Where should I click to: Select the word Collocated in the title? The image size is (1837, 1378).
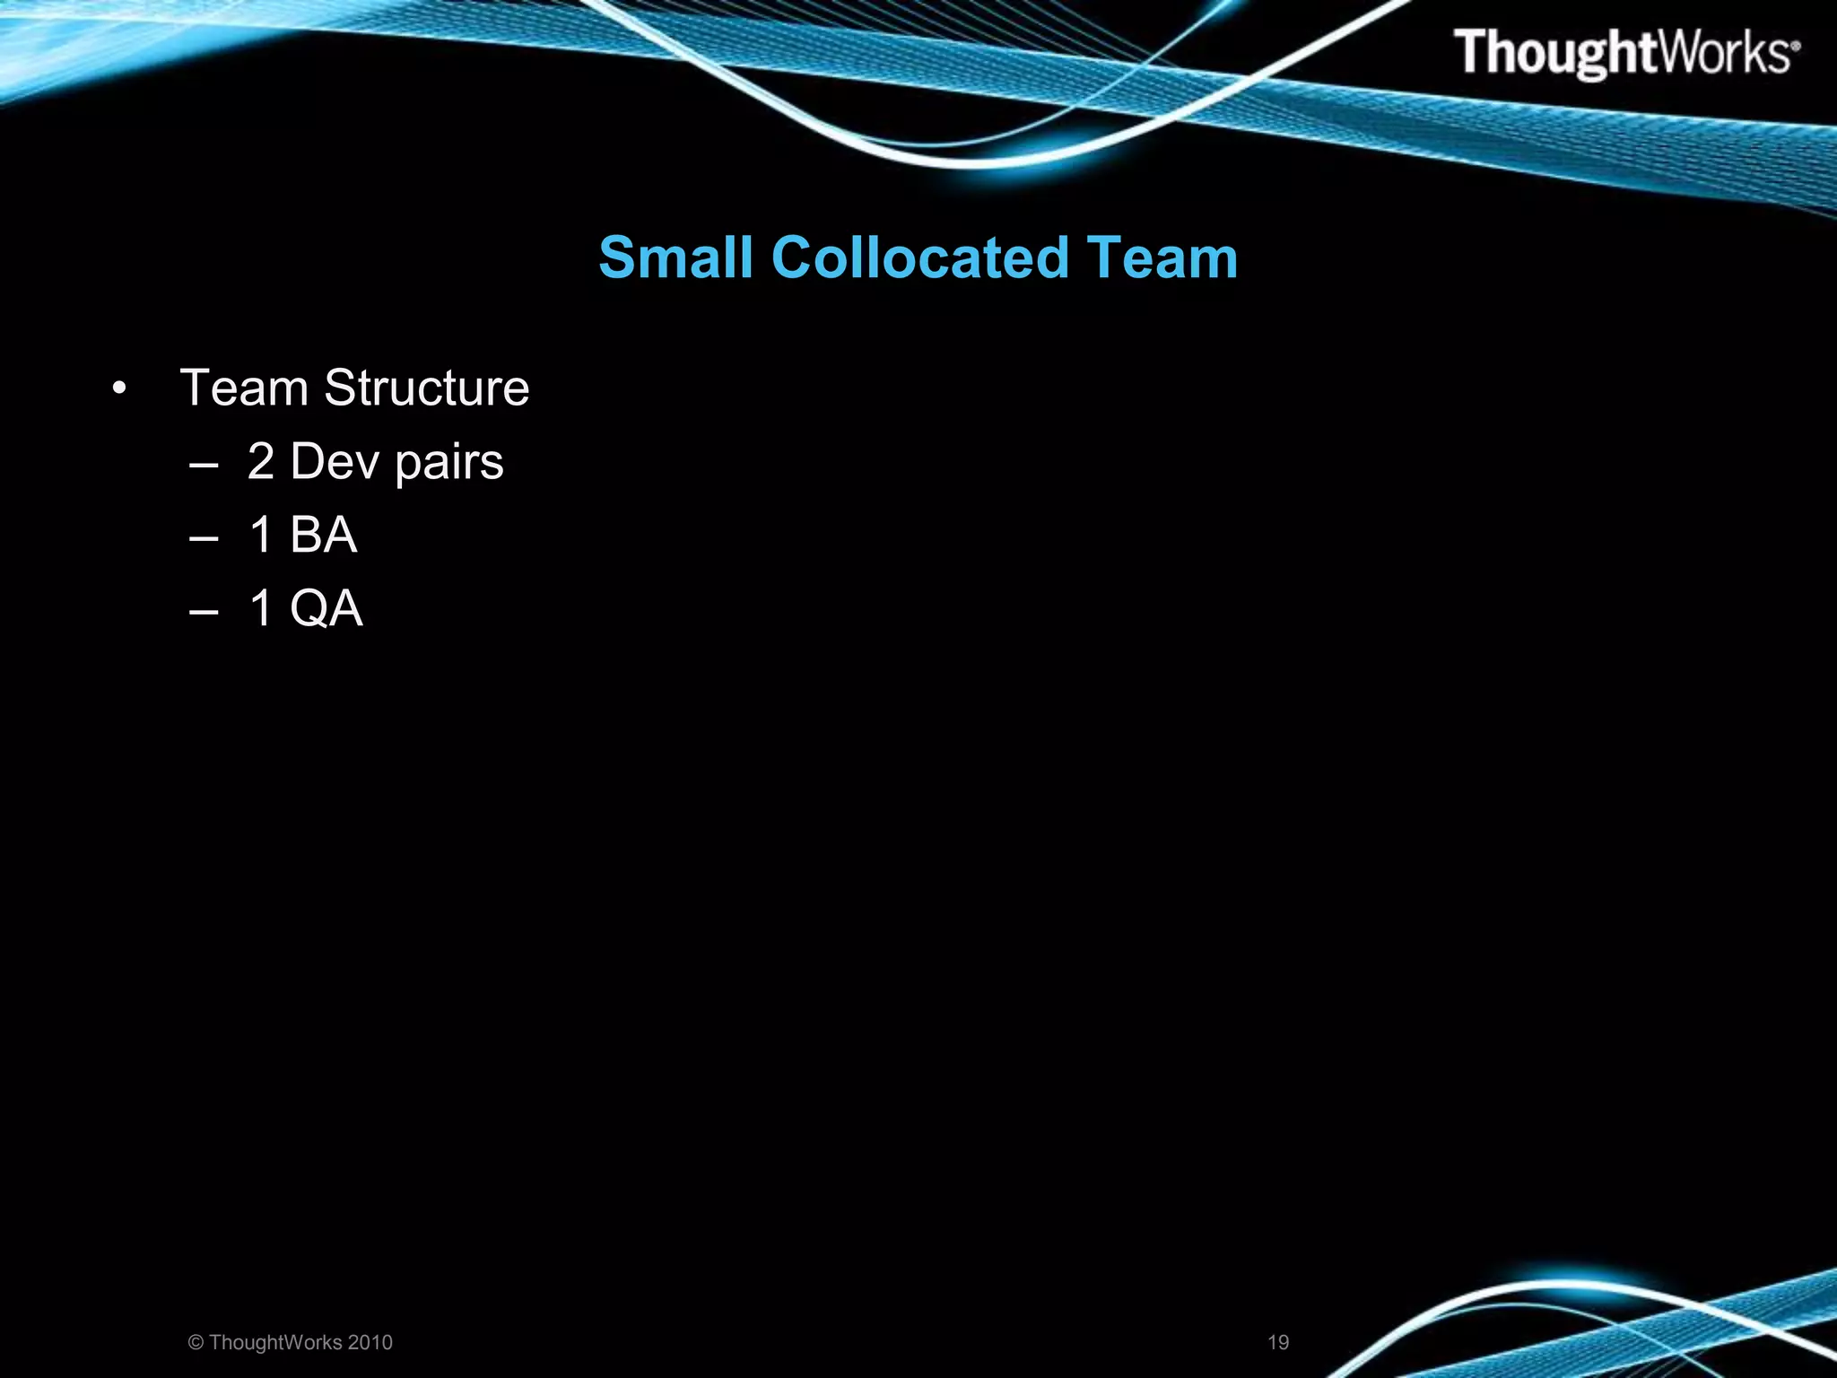[x=919, y=257]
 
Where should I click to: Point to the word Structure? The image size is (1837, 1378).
[x=426, y=388]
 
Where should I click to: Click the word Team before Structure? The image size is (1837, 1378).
[x=244, y=388]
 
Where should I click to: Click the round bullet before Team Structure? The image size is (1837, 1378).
[x=119, y=389]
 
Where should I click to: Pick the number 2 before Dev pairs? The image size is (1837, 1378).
[x=260, y=461]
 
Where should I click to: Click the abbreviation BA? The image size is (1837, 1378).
[x=323, y=535]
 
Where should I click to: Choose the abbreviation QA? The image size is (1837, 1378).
[x=326, y=608]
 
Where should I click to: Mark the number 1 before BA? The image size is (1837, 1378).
[x=261, y=535]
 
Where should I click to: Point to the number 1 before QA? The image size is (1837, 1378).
[x=261, y=608]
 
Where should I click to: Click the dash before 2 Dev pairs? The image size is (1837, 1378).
[x=205, y=465]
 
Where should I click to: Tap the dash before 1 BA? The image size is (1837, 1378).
[x=205, y=538]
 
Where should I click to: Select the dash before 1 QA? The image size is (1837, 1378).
[x=205, y=612]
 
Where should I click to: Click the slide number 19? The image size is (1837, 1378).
[x=1278, y=1342]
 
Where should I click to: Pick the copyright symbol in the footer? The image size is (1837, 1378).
[x=196, y=1342]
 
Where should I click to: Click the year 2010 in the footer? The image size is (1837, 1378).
[x=370, y=1342]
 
